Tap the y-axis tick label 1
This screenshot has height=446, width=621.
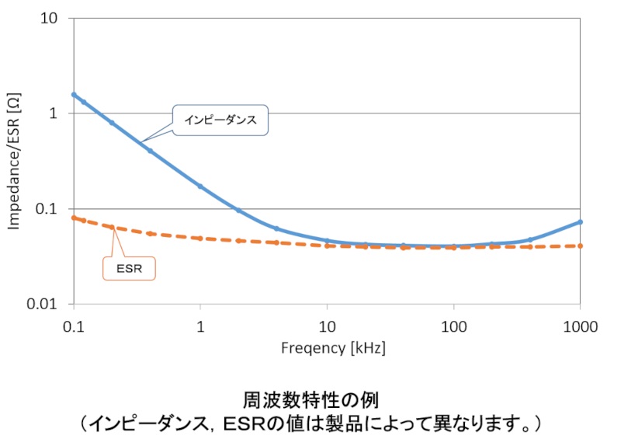coord(54,113)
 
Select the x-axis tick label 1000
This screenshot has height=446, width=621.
coord(581,327)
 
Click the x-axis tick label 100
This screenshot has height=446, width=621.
coord(454,327)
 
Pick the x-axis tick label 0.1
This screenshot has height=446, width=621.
coord(74,327)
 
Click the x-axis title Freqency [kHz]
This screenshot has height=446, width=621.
coord(333,348)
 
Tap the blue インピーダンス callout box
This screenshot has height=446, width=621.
coord(220,120)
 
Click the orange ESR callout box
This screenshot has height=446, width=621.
coord(129,268)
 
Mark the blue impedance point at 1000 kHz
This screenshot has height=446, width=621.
coord(581,222)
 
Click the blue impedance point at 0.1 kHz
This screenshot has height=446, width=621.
coord(74,95)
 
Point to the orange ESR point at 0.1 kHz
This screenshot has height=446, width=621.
coord(74,218)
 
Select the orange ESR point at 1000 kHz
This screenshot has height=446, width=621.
coord(581,246)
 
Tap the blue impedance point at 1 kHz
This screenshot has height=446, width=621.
coord(200,186)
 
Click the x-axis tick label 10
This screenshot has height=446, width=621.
coord(327,327)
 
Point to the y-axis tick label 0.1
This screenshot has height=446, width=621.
coord(50,209)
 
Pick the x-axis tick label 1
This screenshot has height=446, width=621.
coord(200,327)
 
